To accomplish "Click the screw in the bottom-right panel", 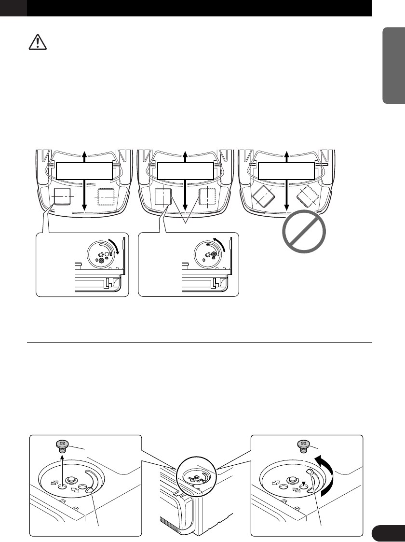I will (x=303, y=445).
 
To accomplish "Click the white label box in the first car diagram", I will (x=84, y=170).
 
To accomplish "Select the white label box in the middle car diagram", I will (x=186, y=170).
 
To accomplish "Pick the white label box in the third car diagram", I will (x=286, y=170).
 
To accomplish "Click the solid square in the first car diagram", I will (x=61, y=196).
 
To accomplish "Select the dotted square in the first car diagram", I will (x=106, y=197).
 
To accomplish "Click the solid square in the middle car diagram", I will (x=163, y=197).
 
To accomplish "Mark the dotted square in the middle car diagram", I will (x=208, y=197).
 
